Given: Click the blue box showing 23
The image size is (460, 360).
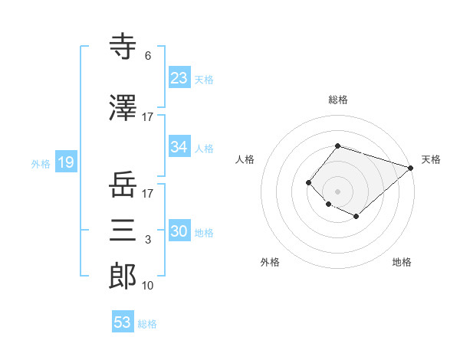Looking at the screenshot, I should point(179,78).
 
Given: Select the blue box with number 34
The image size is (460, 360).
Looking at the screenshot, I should point(179,147).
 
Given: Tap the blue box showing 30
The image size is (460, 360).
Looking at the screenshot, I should point(179,231).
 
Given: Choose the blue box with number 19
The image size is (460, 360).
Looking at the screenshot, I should point(64,162).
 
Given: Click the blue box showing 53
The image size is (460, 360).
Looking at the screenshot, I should point(123,322).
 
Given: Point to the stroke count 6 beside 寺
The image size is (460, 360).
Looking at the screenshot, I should point(147,56).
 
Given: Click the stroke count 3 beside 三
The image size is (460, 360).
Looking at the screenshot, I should point(147,240).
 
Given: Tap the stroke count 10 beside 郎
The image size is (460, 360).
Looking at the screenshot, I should point(147,285).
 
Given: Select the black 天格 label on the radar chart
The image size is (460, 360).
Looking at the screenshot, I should point(431,159).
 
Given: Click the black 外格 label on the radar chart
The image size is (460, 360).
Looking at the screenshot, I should point(270,262).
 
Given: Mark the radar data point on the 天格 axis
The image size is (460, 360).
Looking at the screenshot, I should point(411,168).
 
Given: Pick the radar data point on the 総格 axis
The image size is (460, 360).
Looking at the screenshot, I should point(337,146).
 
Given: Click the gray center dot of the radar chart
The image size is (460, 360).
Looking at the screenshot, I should point(337,191).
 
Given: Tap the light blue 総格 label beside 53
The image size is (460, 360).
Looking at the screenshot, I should point(147,324).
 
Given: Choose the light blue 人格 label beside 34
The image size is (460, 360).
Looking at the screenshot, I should point(204,148).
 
